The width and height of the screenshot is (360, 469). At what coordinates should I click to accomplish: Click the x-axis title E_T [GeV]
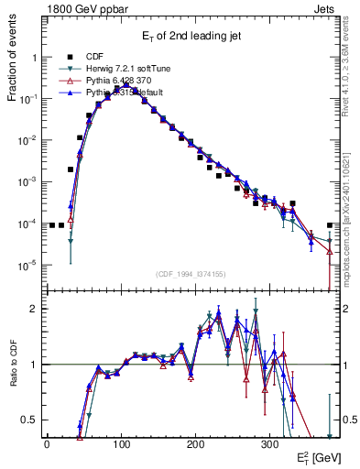coord(313,457)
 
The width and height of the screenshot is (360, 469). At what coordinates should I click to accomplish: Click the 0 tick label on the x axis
coord(47,442)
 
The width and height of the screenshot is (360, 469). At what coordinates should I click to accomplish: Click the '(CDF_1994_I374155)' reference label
coord(192,274)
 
